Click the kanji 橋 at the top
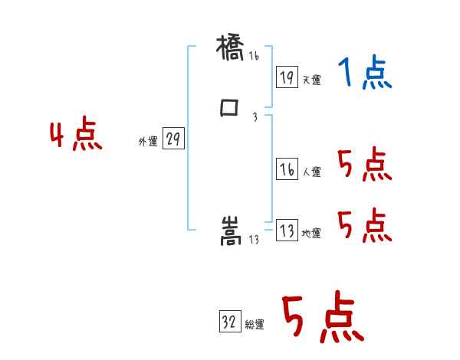tap(230, 52)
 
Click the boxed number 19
tap(286, 77)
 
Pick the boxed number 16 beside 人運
tap(286, 170)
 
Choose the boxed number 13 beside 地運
tap(286, 231)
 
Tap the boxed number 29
tap(172, 139)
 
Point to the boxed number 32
tap(229, 322)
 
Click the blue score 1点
tap(364, 74)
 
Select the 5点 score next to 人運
tap(364, 165)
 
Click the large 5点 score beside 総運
tap(322, 317)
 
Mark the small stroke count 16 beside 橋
tap(254, 56)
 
